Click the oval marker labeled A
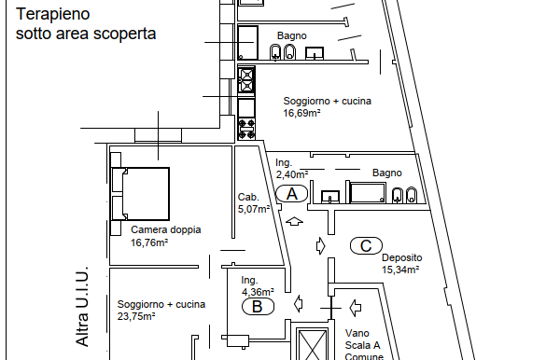292,194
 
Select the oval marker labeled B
258,306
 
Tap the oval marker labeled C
366,246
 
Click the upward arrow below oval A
295,222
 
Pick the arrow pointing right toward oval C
321,246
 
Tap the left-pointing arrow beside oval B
299,303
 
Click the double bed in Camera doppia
140,193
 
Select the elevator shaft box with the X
312,344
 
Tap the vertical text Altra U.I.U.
82,304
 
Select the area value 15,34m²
399,270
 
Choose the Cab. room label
247,197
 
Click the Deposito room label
402,257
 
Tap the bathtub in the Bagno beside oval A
368,193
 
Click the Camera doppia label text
165,229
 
